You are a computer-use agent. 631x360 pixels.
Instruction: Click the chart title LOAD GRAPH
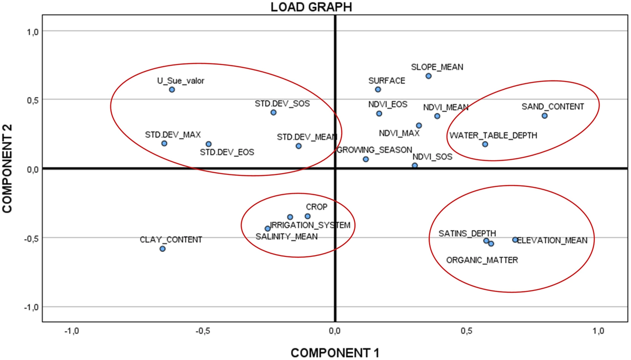311,7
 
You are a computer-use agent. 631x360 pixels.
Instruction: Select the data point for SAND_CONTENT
544,116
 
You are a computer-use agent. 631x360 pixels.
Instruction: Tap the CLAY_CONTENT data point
163,249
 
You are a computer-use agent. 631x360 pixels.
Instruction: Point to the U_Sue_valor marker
172,90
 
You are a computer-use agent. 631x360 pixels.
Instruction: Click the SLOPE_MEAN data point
428,76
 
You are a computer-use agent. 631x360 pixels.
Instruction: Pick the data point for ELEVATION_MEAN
515,240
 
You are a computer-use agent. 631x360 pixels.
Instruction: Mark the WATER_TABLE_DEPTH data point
485,144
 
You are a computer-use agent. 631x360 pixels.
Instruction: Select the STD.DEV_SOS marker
273,113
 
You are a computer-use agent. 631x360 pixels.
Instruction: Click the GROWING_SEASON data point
366,159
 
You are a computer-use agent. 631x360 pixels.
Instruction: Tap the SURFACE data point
378,90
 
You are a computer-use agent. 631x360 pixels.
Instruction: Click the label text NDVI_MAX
399,134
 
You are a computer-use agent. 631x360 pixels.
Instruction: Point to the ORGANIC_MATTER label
482,260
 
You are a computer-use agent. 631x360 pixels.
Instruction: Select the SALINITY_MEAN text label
286,237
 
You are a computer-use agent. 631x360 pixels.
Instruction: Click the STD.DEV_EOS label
227,152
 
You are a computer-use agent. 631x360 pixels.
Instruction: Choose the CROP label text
316,207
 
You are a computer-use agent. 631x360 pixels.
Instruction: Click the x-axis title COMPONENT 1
334,353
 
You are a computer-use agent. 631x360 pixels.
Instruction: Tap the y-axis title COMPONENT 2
8,168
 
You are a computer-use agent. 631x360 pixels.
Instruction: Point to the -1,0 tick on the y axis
31,307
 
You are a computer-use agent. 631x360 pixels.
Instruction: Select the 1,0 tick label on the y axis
32,32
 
